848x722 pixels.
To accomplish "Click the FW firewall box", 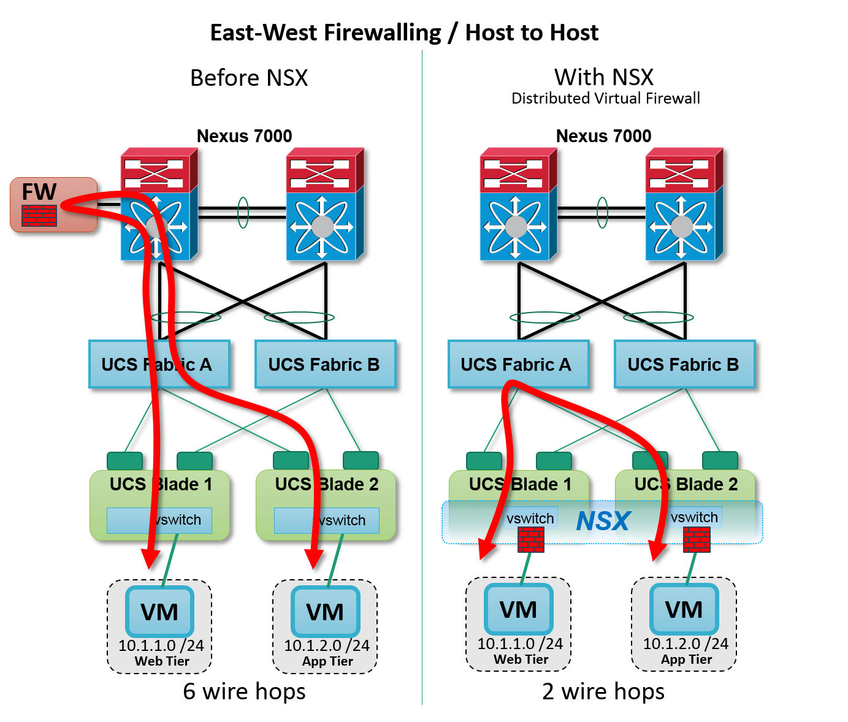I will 53,205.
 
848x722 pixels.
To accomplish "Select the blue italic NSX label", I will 603,522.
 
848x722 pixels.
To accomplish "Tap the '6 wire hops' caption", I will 244,691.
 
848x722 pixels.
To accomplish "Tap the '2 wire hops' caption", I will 603,691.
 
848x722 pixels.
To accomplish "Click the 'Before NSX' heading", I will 249,78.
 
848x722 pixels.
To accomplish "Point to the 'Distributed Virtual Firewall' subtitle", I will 605,99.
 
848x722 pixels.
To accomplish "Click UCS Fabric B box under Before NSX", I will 325,365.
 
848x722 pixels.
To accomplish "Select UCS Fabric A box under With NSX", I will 518,365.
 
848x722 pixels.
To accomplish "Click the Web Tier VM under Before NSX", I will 159,612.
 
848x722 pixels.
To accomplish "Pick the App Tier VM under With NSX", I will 684,609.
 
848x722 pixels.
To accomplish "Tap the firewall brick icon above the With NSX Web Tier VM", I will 530,540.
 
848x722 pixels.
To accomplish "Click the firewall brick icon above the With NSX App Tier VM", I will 697,540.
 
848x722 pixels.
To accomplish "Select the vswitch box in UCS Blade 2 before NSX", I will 326,520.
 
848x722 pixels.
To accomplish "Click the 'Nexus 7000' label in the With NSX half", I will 603,136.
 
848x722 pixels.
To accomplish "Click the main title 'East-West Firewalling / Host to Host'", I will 404,32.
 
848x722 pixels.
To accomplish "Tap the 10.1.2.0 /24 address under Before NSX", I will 326,645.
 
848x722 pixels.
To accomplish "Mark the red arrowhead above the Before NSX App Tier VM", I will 314,558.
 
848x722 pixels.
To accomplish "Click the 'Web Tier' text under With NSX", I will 521,659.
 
